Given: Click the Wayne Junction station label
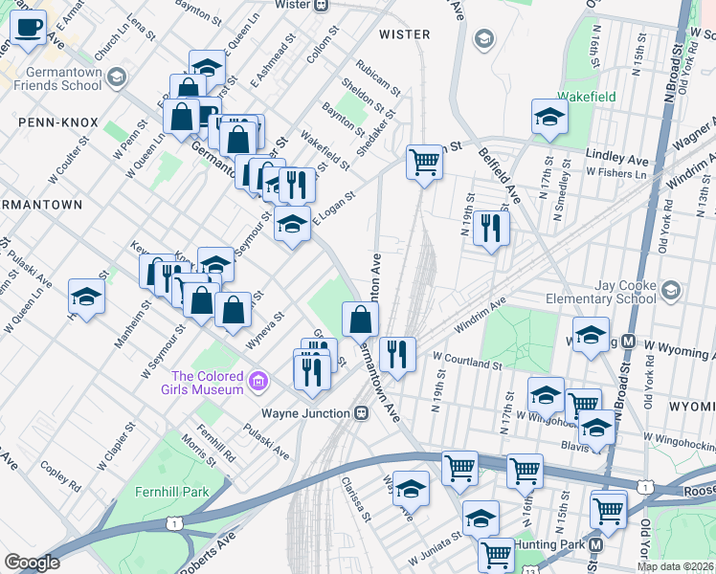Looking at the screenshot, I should click(x=306, y=413).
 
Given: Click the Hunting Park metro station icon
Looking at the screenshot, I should click(x=595, y=544).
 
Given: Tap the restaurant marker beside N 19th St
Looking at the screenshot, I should click(x=491, y=228).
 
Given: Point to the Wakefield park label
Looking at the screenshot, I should click(x=588, y=97).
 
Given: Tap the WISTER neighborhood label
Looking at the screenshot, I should click(x=403, y=34).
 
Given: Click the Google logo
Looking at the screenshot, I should click(x=32, y=563).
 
